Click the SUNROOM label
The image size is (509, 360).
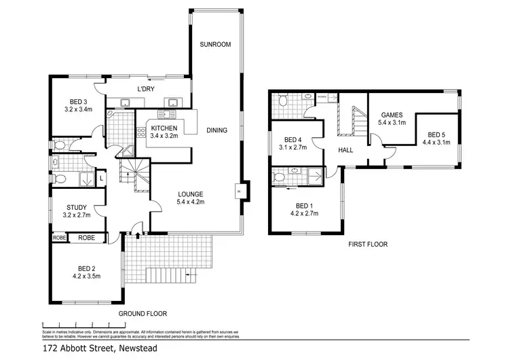pyautogui.click(x=216, y=45)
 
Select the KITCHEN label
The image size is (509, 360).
pyautogui.click(x=164, y=128)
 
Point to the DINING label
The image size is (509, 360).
pyautogui.click(x=216, y=130)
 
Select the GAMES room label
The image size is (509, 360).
pyautogui.click(x=392, y=115)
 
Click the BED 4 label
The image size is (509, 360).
pyautogui.click(x=293, y=139)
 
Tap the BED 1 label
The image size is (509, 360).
pyautogui.click(x=303, y=204)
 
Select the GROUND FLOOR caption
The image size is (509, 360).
pyautogui.click(x=143, y=314)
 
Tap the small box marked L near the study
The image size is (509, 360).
pyautogui.click(x=100, y=178)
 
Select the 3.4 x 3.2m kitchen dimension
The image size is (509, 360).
pyautogui.click(x=164, y=136)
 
